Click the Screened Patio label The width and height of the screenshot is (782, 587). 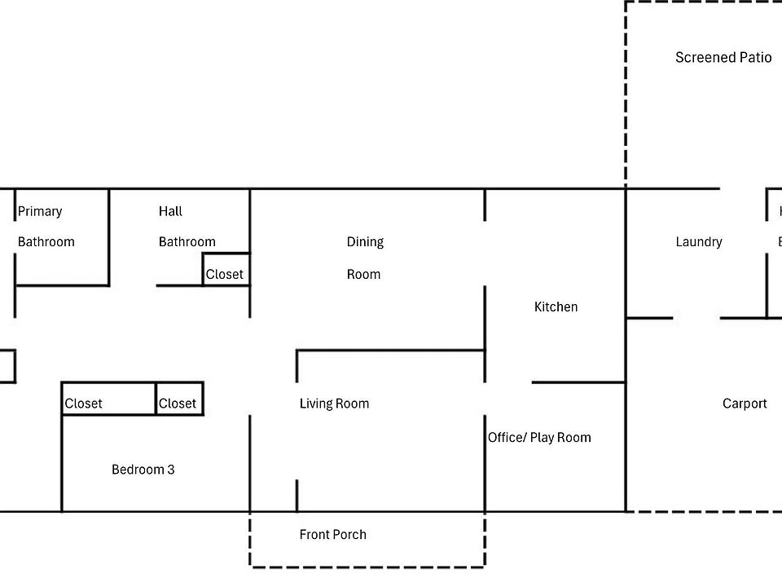coord(723,57)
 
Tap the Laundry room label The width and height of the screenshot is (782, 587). coord(699,241)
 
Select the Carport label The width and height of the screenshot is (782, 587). coord(745,404)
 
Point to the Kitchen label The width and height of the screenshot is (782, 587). coord(556,307)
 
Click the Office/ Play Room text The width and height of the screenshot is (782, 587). coord(539,438)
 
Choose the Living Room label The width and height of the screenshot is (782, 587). coord(334,404)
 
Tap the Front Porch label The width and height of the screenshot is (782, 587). coord(333,535)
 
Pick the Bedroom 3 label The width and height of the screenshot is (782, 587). coord(143,470)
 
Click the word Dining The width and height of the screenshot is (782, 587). coord(365,241)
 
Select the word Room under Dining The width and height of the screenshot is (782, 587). coord(363,274)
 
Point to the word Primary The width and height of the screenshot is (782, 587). coord(40,211)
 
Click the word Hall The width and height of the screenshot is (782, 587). coord(170,211)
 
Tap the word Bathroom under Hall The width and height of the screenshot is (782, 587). coord(187,241)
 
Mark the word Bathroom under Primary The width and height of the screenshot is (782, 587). coord(46,241)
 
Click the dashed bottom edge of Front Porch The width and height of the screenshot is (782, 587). coord(367,566)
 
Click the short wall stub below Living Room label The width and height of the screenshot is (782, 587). coord(297,496)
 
